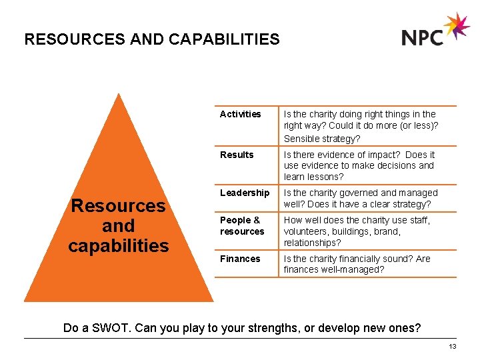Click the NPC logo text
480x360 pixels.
[x=423, y=37]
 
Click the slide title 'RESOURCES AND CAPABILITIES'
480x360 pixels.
[x=152, y=39]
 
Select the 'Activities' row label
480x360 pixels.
[x=240, y=114]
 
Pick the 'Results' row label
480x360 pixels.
[x=237, y=155]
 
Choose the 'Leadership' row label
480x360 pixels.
[x=245, y=193]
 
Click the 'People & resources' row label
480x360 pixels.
[x=242, y=225]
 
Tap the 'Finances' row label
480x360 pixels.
[x=240, y=259]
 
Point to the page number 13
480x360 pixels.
[x=453, y=347]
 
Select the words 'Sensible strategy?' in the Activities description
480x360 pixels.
[x=322, y=139]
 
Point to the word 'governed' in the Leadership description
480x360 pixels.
[x=357, y=193]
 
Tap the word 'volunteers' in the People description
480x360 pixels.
[x=306, y=231]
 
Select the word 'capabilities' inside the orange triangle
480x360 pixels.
[x=119, y=245]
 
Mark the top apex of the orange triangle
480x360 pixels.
[x=118, y=95]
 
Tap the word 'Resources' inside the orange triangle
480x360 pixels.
[x=119, y=205]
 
